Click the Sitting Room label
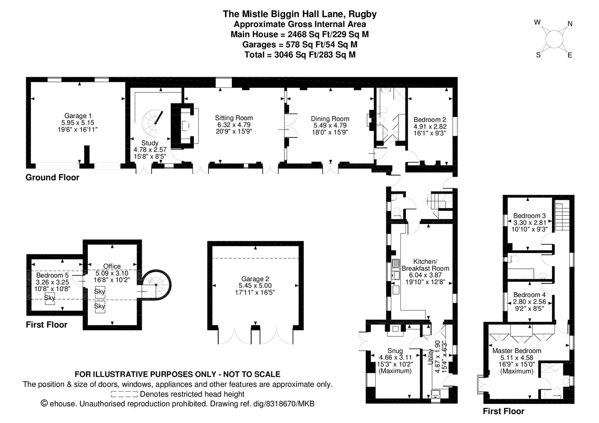234,118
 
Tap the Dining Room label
330,119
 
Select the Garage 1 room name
78,116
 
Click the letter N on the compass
570,24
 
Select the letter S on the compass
538,55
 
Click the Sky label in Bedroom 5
49,298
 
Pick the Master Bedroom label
517,351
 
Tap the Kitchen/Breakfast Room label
425,265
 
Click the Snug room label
395,351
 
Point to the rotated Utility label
431,357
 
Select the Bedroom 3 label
529,215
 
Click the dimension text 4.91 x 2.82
430,127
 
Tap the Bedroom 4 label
529,295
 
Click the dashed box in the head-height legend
124,394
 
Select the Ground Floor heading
52,177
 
